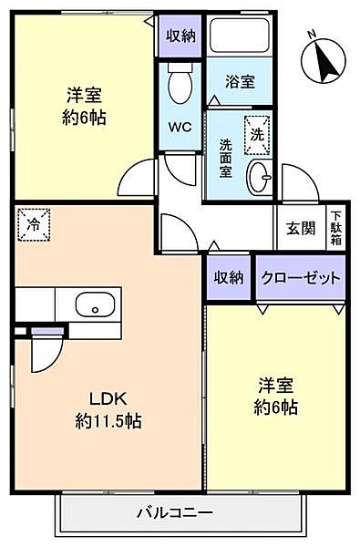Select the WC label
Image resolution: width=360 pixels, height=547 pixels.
coord(179,127)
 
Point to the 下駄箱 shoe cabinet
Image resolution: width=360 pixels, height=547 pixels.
coord(336,228)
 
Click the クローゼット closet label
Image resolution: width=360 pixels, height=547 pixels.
coord(302,277)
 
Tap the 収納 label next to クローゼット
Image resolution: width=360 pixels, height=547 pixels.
coord(229,277)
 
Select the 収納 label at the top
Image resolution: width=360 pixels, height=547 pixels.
coord(180,36)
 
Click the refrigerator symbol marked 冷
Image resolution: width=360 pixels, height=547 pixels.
coord(34,222)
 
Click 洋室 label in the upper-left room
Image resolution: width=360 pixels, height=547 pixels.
coord(82,95)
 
